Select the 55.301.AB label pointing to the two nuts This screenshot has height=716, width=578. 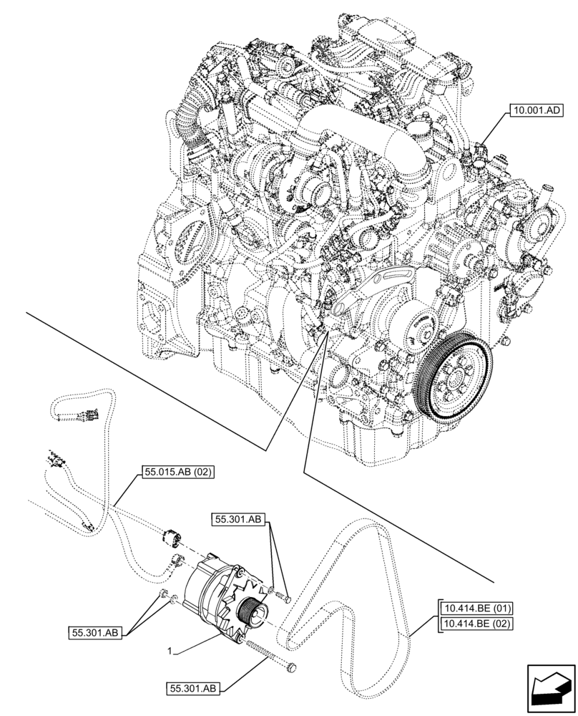coord(99,632)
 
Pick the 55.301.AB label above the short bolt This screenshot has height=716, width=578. coord(239,521)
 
